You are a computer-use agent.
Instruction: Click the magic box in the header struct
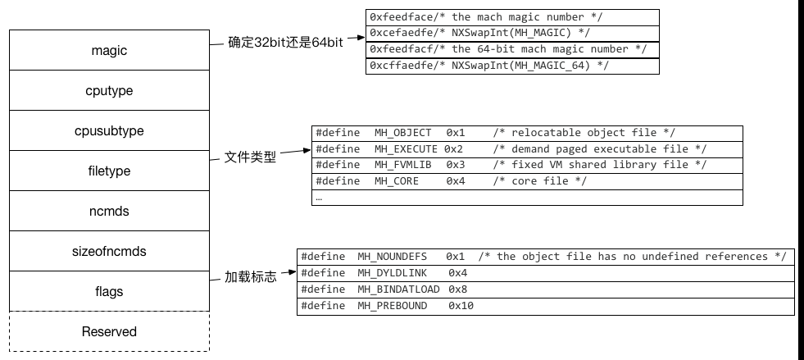(x=109, y=51)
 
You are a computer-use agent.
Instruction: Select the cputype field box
(x=109, y=90)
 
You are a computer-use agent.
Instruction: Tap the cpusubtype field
(x=109, y=130)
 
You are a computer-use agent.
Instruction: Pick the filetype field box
(x=109, y=171)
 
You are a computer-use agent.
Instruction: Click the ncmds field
(x=109, y=211)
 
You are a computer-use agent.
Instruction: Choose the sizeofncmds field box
(x=109, y=251)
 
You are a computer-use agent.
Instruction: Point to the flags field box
(x=109, y=291)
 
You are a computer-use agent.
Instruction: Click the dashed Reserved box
(x=109, y=331)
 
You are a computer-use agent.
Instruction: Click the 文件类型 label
(x=250, y=156)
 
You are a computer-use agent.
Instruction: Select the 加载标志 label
(x=250, y=277)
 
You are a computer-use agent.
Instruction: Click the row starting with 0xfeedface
(x=512, y=17)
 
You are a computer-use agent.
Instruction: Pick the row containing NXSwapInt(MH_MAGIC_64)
(x=512, y=66)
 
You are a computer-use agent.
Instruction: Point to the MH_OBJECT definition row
(x=527, y=133)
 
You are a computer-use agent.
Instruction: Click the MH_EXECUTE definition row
(x=527, y=148)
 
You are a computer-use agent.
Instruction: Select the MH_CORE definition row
(x=527, y=181)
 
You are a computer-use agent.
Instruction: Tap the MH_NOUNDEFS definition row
(x=545, y=257)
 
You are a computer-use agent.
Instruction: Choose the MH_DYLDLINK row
(x=545, y=272)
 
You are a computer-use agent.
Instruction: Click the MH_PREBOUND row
(x=545, y=306)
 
